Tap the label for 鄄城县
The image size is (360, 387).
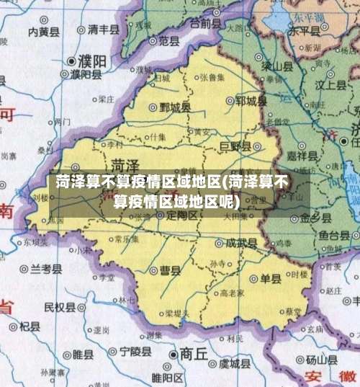176,107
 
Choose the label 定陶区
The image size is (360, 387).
181,215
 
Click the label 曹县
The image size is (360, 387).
170,270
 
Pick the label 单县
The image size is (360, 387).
271,280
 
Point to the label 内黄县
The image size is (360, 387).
42,31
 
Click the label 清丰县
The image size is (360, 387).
103,30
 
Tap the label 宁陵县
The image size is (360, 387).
135,352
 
